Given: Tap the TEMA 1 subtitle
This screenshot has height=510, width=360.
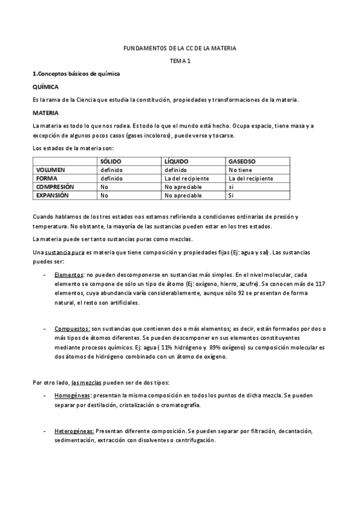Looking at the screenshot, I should click(x=180, y=61).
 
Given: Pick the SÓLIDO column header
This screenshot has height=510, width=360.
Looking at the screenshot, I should click(x=111, y=162).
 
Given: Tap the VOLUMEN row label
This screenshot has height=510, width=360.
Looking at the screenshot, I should click(x=50, y=170).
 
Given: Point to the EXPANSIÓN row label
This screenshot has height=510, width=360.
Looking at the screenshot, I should click(x=52, y=195).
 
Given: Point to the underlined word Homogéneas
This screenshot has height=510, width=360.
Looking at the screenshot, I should click(x=72, y=396).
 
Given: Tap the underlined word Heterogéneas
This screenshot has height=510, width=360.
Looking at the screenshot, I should click(x=74, y=431).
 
